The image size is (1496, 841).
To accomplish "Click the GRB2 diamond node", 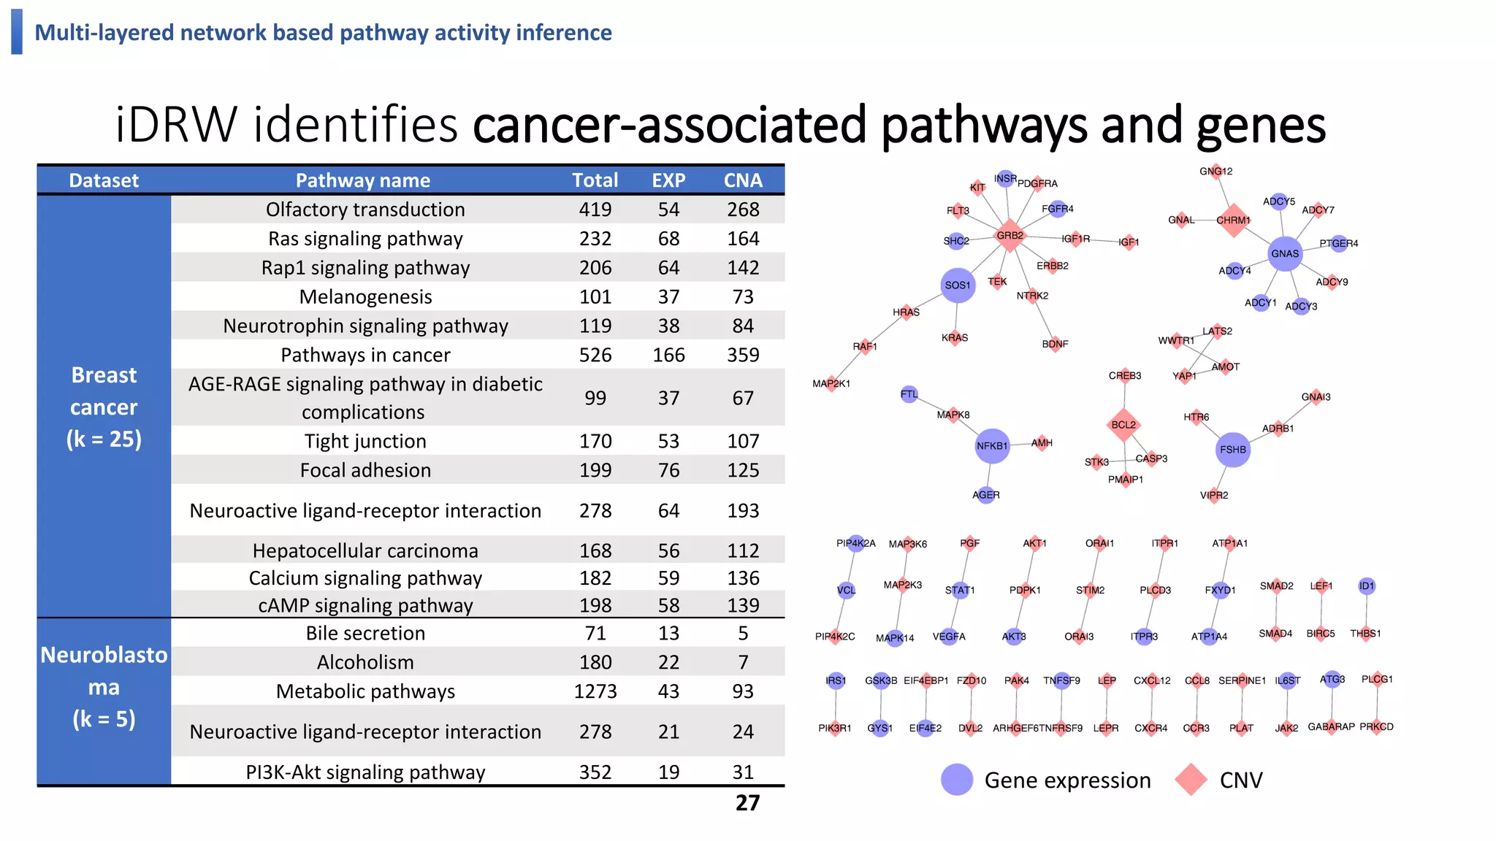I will coord(1010,236).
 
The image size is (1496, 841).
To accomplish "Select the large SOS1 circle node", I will coord(958,285).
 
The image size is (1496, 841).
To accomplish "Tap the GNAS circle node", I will coord(1285,253).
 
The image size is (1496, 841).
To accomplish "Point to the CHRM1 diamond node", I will coord(1233,220).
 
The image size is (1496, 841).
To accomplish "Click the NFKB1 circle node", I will coord(992,445).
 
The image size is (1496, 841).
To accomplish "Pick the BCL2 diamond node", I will coord(1123,425).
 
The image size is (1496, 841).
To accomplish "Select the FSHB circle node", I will coord(1232,450).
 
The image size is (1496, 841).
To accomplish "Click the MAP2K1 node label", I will coord(831,384).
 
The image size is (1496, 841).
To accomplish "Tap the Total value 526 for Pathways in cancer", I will coord(595,355).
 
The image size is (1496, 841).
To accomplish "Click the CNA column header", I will coord(743,180).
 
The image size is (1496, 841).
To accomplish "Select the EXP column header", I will coord(668,180).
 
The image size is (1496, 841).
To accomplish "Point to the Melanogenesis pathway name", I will coord(365,297).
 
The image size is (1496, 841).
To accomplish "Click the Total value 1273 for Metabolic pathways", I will coord(595,691).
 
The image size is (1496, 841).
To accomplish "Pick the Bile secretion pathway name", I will coord(365,633).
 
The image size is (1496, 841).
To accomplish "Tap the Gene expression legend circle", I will coord(957,780).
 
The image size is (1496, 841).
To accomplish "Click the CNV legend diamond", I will coord(1191,780).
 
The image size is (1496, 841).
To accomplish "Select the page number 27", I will coord(747,803).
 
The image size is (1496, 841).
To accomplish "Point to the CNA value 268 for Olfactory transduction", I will coord(743,210).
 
